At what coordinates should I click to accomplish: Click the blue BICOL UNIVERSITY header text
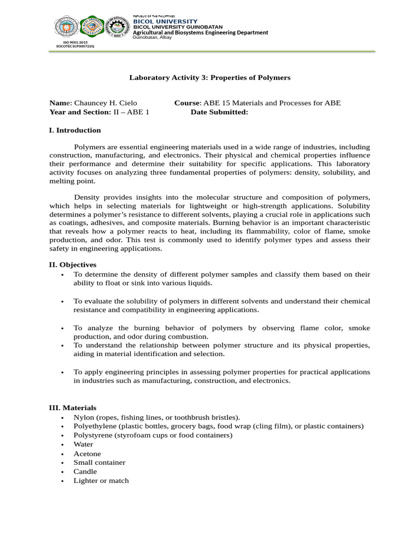(165, 21)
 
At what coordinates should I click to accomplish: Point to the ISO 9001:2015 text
(75, 42)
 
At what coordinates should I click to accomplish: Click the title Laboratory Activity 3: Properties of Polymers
(209, 78)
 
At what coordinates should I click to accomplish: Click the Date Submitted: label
(219, 112)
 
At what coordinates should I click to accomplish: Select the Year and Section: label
(80, 112)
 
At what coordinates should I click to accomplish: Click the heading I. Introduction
(75, 130)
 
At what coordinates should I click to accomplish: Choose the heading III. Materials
(73, 408)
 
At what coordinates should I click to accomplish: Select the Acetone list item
(87, 454)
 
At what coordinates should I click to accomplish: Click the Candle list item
(85, 471)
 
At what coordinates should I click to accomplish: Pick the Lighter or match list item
(101, 481)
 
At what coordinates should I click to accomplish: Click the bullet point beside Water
(63, 445)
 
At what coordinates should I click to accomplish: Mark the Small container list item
(100, 463)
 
